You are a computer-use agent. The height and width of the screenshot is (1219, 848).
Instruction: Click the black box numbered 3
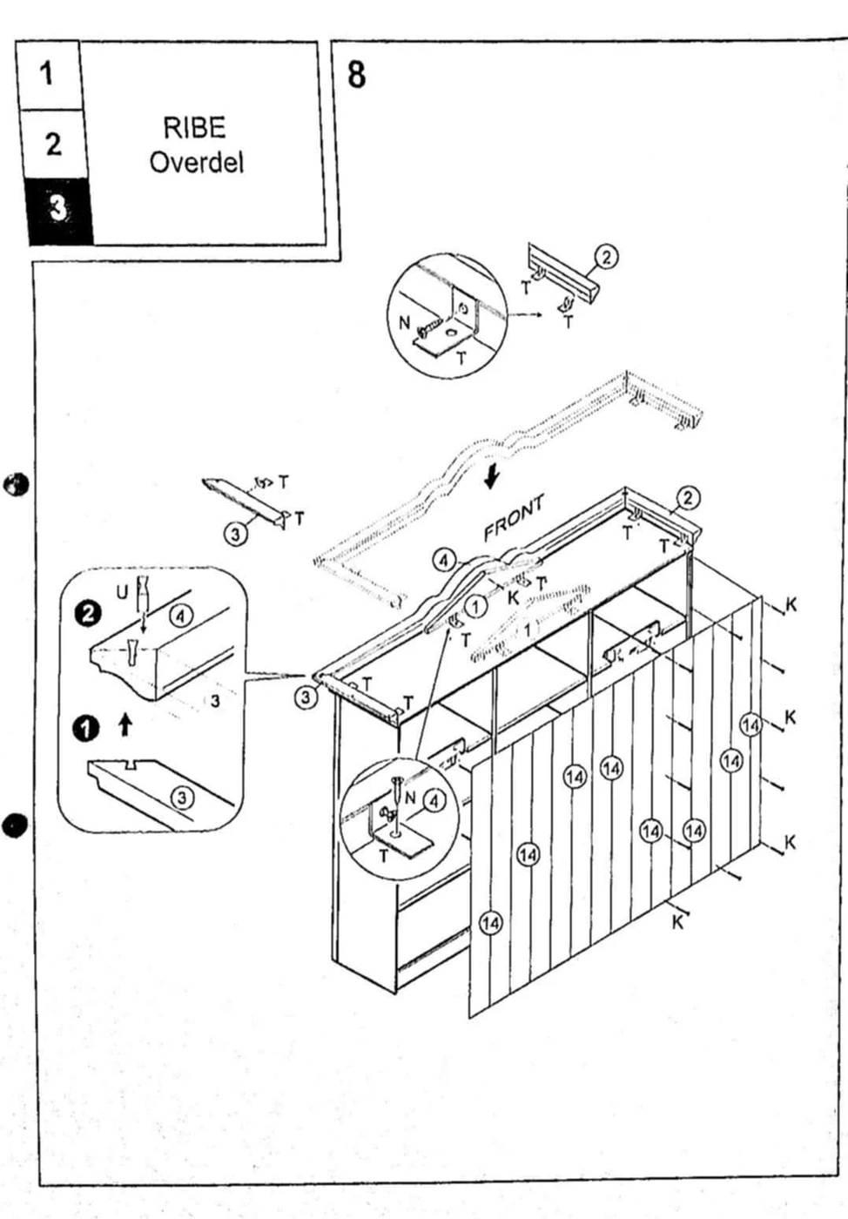point(57,209)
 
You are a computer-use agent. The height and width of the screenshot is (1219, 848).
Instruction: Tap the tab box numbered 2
point(53,144)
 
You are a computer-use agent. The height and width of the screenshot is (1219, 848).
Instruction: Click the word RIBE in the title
point(194,128)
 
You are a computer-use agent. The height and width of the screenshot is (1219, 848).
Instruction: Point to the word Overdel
point(196,162)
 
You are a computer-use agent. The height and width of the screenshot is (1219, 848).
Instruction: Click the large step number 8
point(356,75)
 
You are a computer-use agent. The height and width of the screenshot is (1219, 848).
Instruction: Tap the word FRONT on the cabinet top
point(514,517)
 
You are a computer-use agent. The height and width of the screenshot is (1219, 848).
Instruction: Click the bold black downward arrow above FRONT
point(492,476)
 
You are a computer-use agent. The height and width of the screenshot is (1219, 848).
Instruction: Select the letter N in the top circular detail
point(404,323)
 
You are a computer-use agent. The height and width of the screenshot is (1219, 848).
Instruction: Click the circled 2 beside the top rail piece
point(607,257)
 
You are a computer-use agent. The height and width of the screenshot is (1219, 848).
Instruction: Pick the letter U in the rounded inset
point(122,592)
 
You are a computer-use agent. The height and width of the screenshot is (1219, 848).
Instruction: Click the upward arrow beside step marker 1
point(126,724)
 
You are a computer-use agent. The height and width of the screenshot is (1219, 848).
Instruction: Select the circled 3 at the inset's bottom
point(181,797)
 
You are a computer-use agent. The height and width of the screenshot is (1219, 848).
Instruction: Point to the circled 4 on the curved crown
point(444,559)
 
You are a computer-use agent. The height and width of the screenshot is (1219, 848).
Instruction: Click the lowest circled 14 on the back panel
point(491,922)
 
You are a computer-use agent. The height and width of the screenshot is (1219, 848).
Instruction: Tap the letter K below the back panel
point(677,922)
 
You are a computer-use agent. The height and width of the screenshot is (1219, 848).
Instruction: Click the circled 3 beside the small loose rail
point(236,534)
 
